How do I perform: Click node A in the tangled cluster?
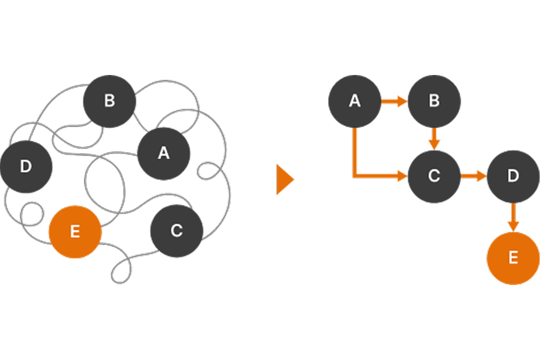pos(163,153)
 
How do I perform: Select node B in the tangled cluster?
pos(109,101)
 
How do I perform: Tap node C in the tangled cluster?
pos(176,231)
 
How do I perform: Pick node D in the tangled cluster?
pos(26,166)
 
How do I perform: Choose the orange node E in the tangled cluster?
pos(75,232)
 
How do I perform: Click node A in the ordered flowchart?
pos(354,101)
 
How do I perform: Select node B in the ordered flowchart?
pos(434,101)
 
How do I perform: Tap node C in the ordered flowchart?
pos(434,176)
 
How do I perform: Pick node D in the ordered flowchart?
pos(513,176)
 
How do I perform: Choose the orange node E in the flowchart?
pos(513,258)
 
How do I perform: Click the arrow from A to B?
pos(394,102)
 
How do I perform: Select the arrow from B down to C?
pos(434,138)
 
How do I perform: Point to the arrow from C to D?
pos(473,176)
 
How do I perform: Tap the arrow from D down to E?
pos(513,217)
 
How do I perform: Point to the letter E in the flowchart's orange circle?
pos(513,258)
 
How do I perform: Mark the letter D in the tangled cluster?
pos(26,166)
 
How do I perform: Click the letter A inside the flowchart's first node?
pos(354,101)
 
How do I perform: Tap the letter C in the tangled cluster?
pos(176,231)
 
